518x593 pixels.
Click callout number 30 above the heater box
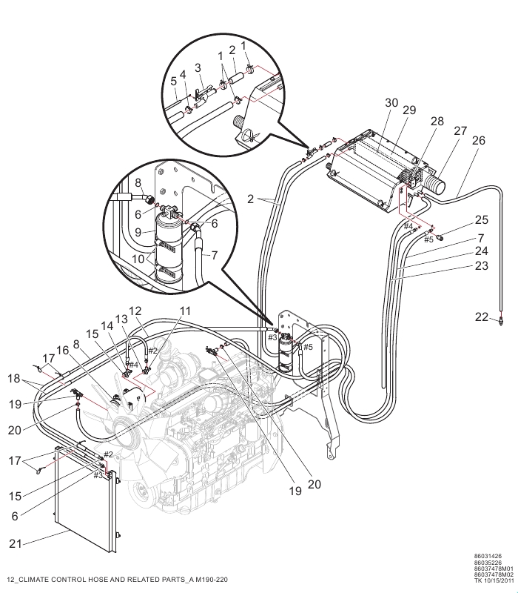click(391, 103)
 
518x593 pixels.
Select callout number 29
click(409, 110)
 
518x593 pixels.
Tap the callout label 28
click(437, 121)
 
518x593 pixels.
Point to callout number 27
click(460, 131)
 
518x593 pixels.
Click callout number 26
click(478, 141)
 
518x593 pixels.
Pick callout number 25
click(482, 220)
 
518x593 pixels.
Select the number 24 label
click(482, 251)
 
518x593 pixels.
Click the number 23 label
click(482, 266)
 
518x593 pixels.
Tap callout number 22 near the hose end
click(482, 317)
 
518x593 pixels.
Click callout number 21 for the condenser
click(15, 544)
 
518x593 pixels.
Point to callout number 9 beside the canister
click(138, 231)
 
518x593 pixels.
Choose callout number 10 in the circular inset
click(138, 259)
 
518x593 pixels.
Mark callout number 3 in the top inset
click(198, 68)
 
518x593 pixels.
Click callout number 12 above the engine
click(135, 311)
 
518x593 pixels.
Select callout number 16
click(63, 351)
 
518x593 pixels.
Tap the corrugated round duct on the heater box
click(434, 185)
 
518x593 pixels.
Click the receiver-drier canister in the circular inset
click(169, 248)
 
